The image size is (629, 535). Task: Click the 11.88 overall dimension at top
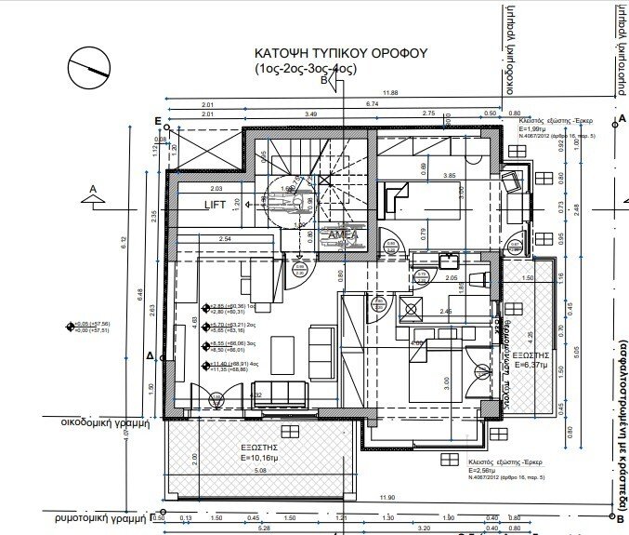pyautogui.click(x=389, y=92)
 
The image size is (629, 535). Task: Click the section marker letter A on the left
pyautogui.click(x=92, y=188)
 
